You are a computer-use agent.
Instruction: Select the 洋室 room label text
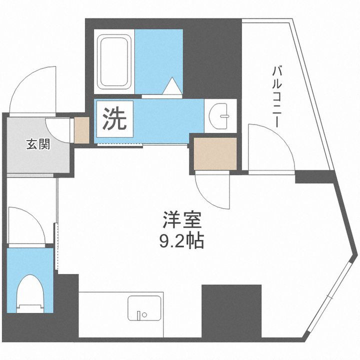click(x=181, y=219)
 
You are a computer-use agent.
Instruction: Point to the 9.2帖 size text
click(x=181, y=242)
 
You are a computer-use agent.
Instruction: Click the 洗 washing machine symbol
click(x=114, y=119)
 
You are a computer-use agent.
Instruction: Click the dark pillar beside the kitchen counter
click(x=231, y=310)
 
